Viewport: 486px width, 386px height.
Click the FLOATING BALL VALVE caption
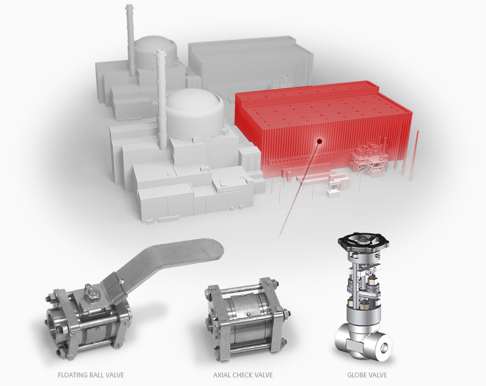point(91,375)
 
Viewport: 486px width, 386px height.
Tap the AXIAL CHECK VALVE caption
point(243,375)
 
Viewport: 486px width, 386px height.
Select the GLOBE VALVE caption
point(367,375)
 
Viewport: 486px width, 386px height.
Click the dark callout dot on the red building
point(320,141)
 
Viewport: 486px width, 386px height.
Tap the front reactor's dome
point(194,104)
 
